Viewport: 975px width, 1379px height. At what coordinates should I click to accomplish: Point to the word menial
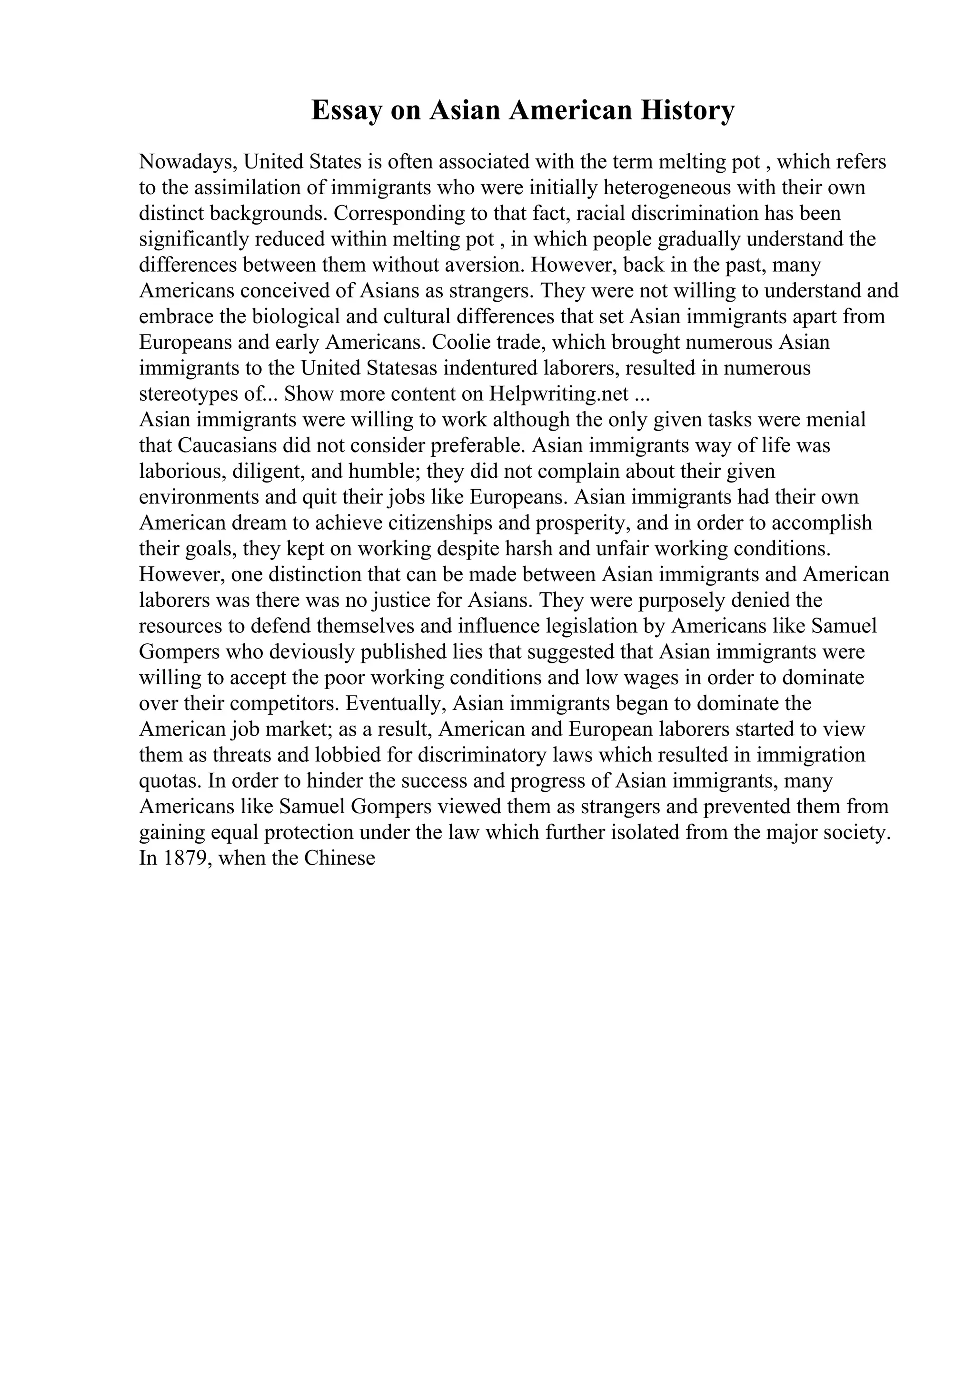point(836,420)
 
